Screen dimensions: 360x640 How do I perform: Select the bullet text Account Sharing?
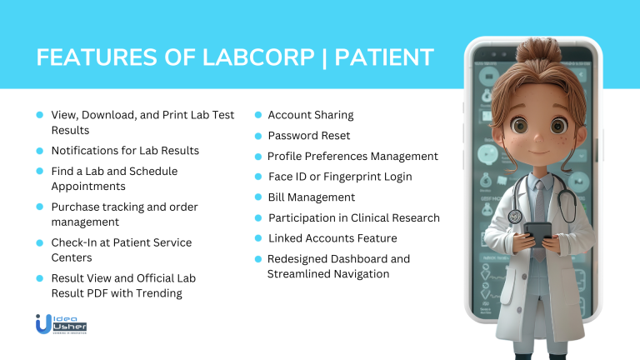click(x=310, y=115)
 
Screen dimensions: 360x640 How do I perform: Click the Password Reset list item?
click(x=308, y=135)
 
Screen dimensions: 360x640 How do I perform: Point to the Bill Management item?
click(x=311, y=197)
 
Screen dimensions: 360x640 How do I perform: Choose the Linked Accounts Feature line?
click(x=332, y=238)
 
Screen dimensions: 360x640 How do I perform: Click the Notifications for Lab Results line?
click(x=125, y=151)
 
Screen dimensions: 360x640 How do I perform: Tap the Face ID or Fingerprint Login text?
click(x=340, y=177)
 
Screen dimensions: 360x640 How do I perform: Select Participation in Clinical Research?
click(x=353, y=218)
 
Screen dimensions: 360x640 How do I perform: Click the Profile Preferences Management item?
click(x=352, y=156)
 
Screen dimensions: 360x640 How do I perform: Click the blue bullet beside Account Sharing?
click(x=259, y=115)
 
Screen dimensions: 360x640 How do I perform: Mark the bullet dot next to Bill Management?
click(x=259, y=197)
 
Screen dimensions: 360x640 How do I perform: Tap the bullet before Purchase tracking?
click(x=39, y=207)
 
